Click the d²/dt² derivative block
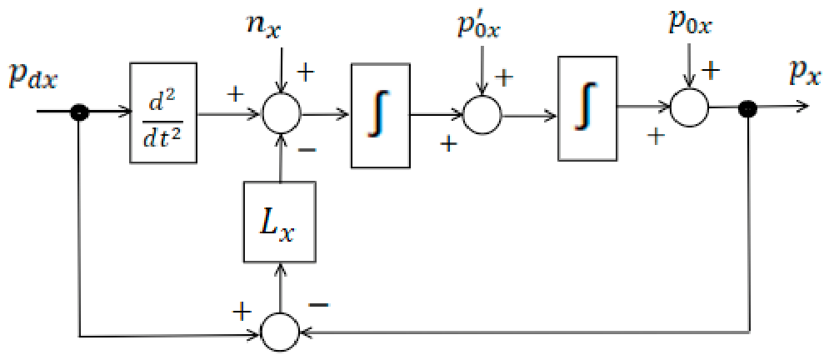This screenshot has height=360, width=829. pyautogui.click(x=163, y=112)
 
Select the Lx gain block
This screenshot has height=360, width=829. pyautogui.click(x=280, y=222)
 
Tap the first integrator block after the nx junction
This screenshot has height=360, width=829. pyautogui.click(x=381, y=116)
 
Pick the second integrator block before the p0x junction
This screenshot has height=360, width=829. pyautogui.click(x=587, y=108)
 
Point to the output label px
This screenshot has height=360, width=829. pyautogui.click(x=802, y=73)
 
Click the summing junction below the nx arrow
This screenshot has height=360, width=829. pyautogui.click(x=282, y=112)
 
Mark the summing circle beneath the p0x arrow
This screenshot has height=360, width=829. pyautogui.click(x=689, y=107)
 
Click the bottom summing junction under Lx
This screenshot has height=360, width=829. pyautogui.click(x=281, y=332)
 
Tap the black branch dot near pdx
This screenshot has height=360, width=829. pyautogui.click(x=80, y=112)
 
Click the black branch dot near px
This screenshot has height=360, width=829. pyautogui.click(x=750, y=108)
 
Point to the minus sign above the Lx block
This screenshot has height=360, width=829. pyautogui.click(x=308, y=152)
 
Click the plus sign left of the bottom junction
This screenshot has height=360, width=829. pyautogui.click(x=242, y=312)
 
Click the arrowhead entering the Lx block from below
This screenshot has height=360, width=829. pyautogui.click(x=280, y=267)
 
